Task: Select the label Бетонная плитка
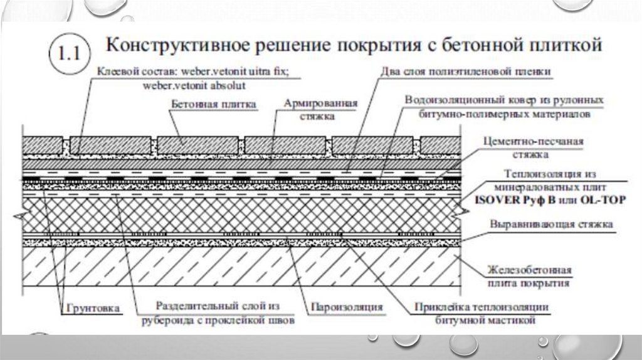click(213, 105)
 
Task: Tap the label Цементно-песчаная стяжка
click(534, 147)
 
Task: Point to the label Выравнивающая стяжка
click(552, 224)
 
